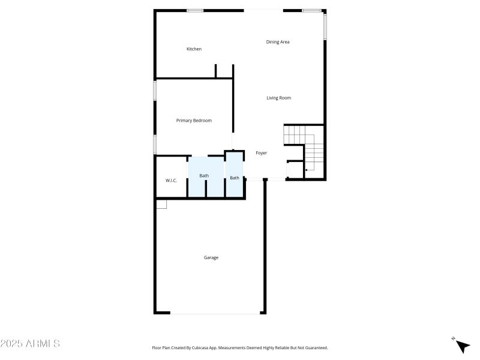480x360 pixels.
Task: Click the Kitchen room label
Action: click(194, 49)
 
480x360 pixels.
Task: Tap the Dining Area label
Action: click(278, 42)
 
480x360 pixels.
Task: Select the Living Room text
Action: click(278, 98)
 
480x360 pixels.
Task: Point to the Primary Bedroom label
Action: click(194, 121)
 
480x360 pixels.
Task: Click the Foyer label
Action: click(261, 153)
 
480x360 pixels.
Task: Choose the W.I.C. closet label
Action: click(171, 181)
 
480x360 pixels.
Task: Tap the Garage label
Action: click(211, 257)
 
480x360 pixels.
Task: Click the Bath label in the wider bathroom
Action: click(204, 176)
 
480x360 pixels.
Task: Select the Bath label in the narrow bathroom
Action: click(234, 178)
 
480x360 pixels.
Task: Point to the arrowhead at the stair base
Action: click(306, 170)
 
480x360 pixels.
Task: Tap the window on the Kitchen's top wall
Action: click(194, 10)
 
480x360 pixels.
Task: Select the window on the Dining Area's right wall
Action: click(325, 26)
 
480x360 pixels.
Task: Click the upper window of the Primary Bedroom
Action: click(155, 90)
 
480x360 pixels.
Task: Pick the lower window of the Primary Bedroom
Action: click(155, 143)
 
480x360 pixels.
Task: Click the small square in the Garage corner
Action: click(161, 205)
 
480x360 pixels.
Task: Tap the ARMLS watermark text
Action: click(30, 344)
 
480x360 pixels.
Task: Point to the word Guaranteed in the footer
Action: click(314, 348)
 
